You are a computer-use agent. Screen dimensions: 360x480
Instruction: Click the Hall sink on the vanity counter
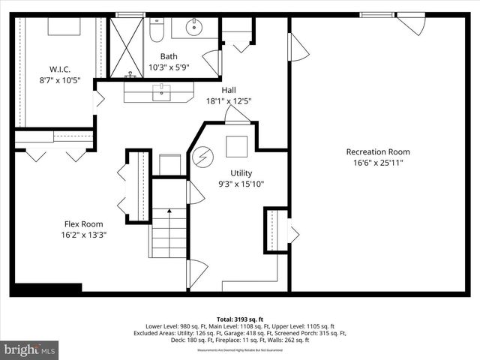click(x=162, y=92)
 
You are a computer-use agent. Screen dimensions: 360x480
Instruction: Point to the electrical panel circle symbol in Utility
click(x=203, y=157)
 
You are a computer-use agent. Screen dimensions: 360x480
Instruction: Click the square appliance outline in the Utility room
click(x=237, y=145)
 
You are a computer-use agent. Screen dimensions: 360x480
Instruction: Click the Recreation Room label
click(x=377, y=151)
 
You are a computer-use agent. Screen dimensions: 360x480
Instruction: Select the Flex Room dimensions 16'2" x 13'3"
click(x=82, y=235)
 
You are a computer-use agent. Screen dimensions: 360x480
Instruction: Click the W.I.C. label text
click(x=60, y=69)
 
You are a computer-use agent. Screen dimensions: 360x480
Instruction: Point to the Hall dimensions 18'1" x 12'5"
click(x=229, y=100)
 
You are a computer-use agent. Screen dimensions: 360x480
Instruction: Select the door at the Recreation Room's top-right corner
click(x=411, y=24)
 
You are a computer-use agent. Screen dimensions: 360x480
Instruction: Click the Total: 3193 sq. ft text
click(x=239, y=318)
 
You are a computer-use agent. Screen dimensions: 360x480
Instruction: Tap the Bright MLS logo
click(x=30, y=349)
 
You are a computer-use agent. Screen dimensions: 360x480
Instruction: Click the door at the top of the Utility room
click(x=236, y=115)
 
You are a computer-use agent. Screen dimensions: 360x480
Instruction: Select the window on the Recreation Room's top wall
click(x=377, y=14)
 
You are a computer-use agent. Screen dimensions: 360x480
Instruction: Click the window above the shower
click(x=130, y=14)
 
